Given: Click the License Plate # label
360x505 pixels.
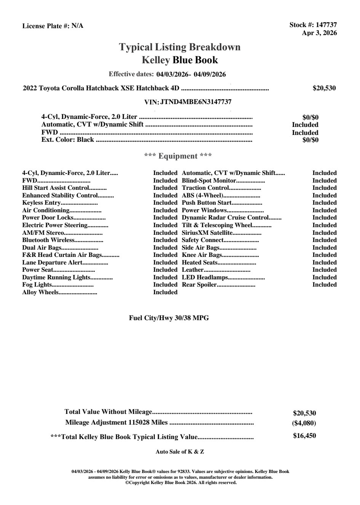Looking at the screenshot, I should (46, 26).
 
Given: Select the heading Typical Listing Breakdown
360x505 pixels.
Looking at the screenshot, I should (180, 47).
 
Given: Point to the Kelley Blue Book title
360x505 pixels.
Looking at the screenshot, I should (180, 60).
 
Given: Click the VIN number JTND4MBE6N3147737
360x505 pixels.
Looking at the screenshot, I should (196, 102).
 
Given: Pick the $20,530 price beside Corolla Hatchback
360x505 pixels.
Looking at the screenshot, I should (324, 88).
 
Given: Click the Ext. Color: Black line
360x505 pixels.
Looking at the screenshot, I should (68, 139).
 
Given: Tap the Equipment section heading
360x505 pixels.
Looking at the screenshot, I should (178, 156).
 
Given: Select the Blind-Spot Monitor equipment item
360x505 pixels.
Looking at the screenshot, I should (209, 180).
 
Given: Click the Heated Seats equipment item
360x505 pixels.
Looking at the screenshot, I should (200, 262).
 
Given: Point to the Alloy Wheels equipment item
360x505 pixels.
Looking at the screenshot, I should (40, 292).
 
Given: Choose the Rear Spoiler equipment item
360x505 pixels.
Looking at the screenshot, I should (199, 285).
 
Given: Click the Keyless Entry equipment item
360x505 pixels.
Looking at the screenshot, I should (41, 203).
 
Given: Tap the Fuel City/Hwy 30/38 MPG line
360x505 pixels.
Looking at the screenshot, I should (169, 318).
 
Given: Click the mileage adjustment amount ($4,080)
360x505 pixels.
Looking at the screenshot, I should (304, 423).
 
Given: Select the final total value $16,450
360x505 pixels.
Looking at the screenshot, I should (304, 436).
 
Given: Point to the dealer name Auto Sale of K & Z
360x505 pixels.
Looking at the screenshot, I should (180, 452).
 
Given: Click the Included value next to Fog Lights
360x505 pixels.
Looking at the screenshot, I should (165, 285).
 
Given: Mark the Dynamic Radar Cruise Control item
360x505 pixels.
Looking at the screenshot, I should (225, 218).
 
